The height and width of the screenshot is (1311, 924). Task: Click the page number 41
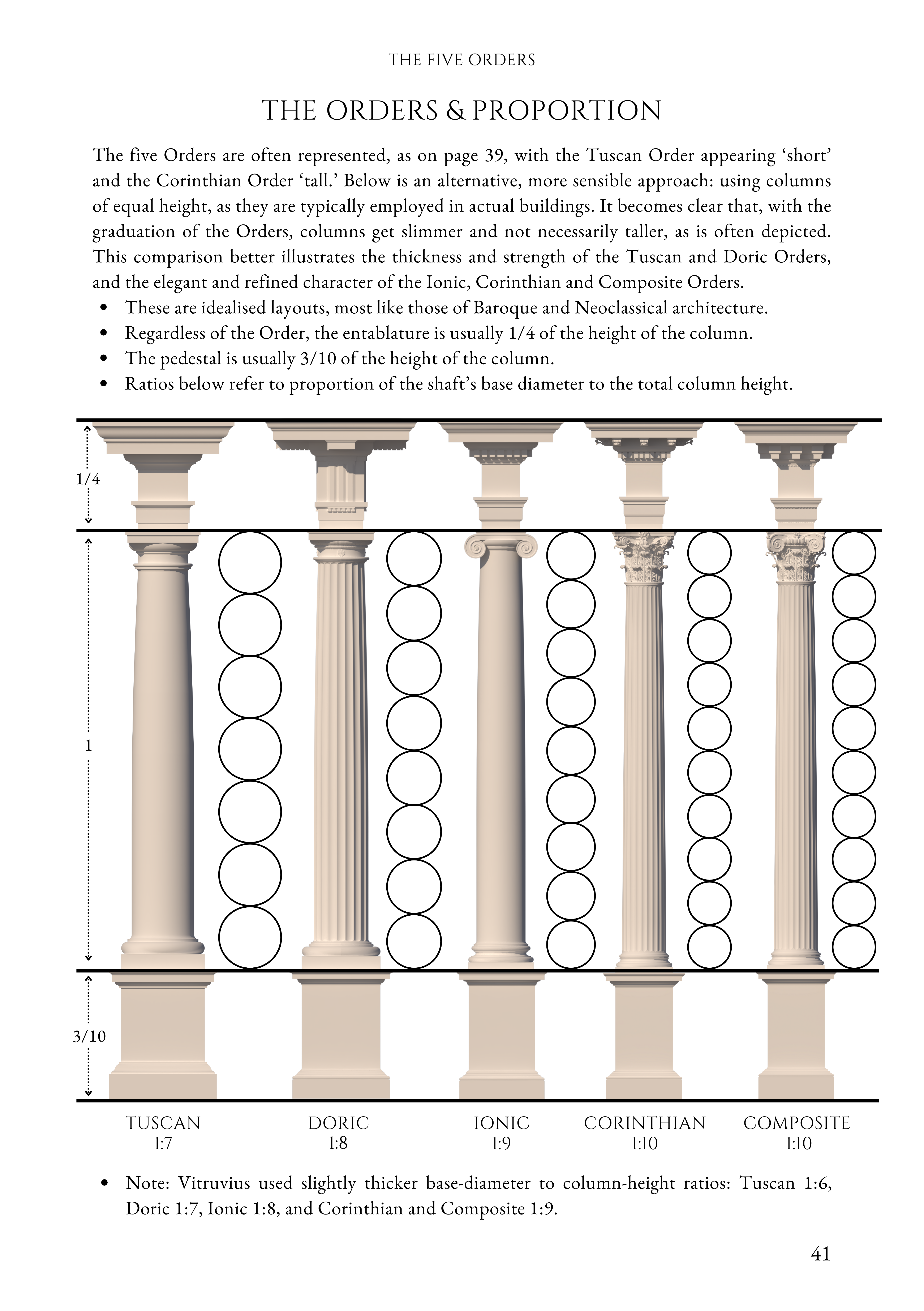pyautogui.click(x=820, y=1254)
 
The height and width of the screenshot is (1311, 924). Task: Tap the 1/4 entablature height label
pyautogui.click(x=88, y=479)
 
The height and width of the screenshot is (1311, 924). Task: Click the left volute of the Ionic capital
pyautogui.click(x=475, y=547)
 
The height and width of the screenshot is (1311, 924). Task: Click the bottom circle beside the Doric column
pyautogui.click(x=414, y=941)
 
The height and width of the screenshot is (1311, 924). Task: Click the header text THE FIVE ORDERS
pyautogui.click(x=461, y=60)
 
